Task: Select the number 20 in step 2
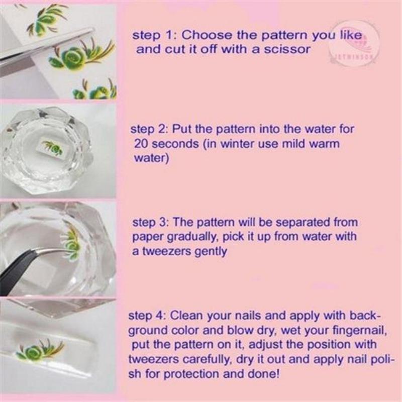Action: pyautogui.click(x=141, y=144)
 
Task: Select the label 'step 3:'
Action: pyautogui.click(x=150, y=222)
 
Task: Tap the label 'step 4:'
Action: pyautogui.click(x=146, y=316)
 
